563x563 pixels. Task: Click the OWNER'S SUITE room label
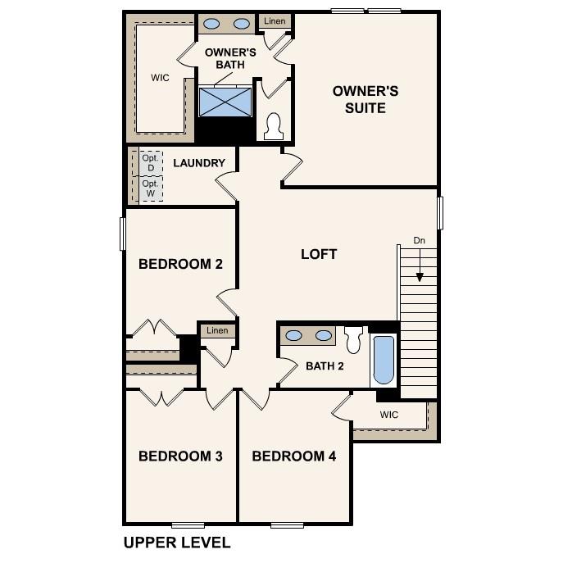365,99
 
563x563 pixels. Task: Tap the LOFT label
319,254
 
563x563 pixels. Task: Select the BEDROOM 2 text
180,264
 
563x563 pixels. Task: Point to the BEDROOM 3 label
180,456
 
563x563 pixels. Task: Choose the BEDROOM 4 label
293,456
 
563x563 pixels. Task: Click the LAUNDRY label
198,163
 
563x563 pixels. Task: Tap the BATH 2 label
325,365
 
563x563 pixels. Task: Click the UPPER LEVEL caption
176,543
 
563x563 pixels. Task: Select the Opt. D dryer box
150,162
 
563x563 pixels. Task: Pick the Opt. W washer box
150,189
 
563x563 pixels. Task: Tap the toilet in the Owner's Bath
275,125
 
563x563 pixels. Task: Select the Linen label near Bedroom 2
217,330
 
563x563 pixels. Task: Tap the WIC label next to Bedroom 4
389,415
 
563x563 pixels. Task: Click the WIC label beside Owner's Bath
160,79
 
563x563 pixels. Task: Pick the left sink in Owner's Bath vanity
210,24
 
